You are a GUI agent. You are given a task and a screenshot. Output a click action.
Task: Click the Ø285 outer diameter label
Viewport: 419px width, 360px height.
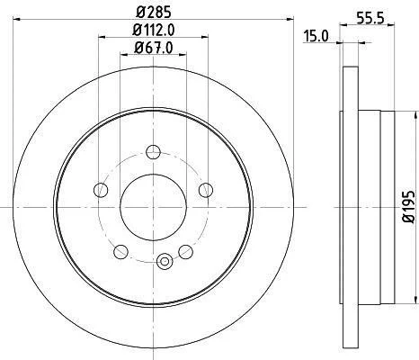[x=154, y=12]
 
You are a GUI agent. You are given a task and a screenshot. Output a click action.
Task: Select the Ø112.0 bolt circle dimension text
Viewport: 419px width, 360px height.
[x=154, y=30]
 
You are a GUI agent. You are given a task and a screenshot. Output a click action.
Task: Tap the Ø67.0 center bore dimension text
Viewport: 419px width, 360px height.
[x=154, y=48]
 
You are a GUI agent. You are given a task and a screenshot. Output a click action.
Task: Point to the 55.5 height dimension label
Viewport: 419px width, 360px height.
[x=370, y=19]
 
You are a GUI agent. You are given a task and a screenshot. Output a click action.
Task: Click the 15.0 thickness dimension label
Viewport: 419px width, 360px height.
[x=316, y=36]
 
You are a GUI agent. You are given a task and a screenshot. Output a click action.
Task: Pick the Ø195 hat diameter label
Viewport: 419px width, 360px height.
[x=409, y=206]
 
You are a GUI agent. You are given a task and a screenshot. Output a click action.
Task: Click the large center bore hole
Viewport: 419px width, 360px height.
[x=153, y=207]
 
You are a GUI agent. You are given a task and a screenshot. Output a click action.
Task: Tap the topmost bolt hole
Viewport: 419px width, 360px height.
[x=154, y=152]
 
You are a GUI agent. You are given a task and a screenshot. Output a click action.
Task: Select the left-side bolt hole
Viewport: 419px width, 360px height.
[x=101, y=190]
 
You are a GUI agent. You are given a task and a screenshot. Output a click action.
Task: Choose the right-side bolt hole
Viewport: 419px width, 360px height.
[x=206, y=190]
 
